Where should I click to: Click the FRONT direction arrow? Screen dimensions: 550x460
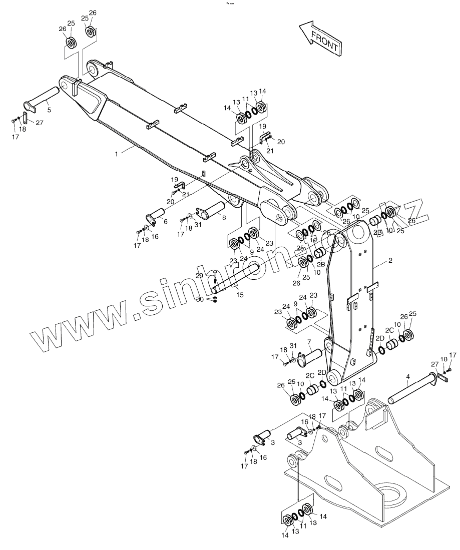(x=319, y=38)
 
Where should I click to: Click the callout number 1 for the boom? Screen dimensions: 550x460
(x=117, y=154)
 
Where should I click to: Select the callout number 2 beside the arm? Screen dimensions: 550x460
(x=390, y=261)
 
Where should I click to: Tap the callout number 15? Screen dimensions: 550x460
(x=240, y=295)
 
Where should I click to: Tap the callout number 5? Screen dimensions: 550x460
(x=49, y=109)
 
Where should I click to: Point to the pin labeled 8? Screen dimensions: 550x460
(x=212, y=207)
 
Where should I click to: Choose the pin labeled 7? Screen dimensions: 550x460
(x=311, y=356)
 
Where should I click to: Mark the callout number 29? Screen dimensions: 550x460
(x=199, y=276)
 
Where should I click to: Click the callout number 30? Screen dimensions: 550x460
(x=199, y=299)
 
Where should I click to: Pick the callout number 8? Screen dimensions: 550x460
(x=223, y=218)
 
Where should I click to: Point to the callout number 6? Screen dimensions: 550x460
(x=165, y=221)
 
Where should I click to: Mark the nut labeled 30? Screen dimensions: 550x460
(x=215, y=299)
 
